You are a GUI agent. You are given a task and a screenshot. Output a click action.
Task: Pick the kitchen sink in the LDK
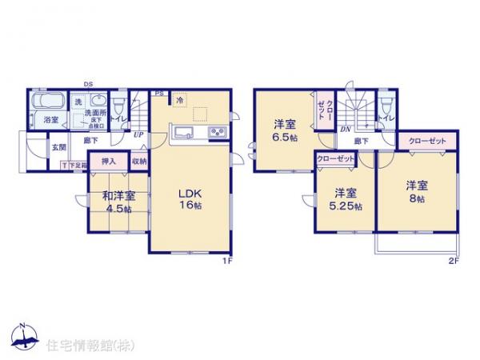coord(181,133)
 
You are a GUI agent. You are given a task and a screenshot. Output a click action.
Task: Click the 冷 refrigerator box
coord(179,100)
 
